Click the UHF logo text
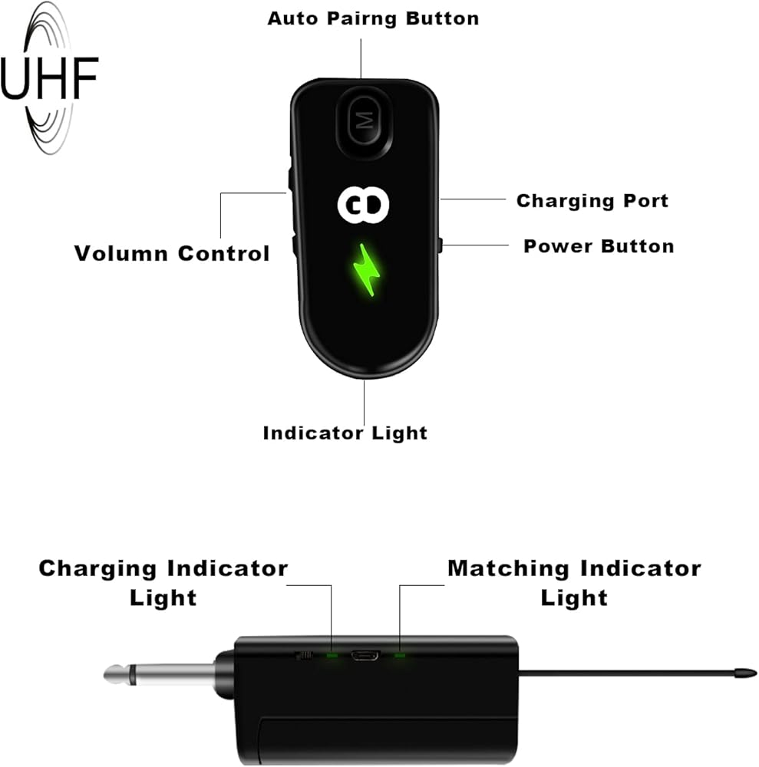[49, 78]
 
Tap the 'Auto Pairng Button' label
[374, 18]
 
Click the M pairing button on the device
[365, 120]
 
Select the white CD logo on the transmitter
[363, 205]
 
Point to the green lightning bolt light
[367, 269]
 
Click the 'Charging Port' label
[592, 201]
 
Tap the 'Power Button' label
[599, 246]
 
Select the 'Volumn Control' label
[172, 253]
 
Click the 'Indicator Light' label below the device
[345, 433]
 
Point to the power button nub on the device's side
[440, 245]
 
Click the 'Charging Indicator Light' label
[163, 583]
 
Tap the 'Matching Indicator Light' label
[575, 583]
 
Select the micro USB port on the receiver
[365, 655]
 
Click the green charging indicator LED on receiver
[332, 655]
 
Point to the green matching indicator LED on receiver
[400, 655]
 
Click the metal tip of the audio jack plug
[117, 674]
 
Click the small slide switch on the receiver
[304, 655]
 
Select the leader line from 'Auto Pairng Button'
[361, 59]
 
